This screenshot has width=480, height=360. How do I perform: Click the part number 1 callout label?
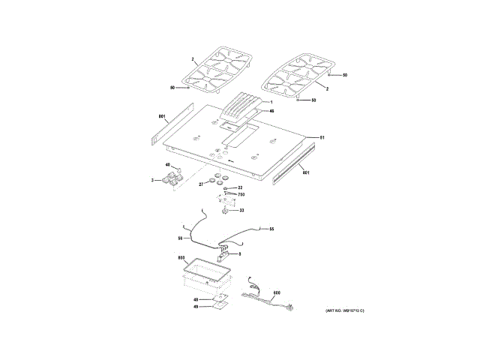coord(271,101)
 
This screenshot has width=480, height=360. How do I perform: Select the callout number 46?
coord(271,111)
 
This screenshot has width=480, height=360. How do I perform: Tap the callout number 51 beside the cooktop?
coord(322,138)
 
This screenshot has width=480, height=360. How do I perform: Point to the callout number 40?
coord(169,166)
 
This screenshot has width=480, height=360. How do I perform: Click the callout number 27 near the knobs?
coord(201,184)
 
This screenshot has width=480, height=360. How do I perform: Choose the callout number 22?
coord(240,187)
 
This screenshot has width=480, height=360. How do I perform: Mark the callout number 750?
coord(241,194)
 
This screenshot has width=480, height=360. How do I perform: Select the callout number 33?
coord(241,211)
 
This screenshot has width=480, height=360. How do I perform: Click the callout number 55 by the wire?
coord(271,229)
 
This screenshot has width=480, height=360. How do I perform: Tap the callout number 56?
coord(180,238)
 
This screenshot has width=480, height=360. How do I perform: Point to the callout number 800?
coord(181,259)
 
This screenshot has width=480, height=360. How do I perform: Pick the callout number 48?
coord(196,299)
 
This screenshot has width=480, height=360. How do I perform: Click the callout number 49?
coord(196,307)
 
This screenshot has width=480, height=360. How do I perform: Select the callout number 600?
coord(276,292)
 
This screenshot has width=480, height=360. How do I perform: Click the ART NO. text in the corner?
coord(343,310)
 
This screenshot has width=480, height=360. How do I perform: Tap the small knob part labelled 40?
coord(178,169)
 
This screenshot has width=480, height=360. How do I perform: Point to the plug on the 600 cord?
coord(290,306)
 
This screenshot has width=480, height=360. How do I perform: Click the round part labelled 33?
coord(225,211)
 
